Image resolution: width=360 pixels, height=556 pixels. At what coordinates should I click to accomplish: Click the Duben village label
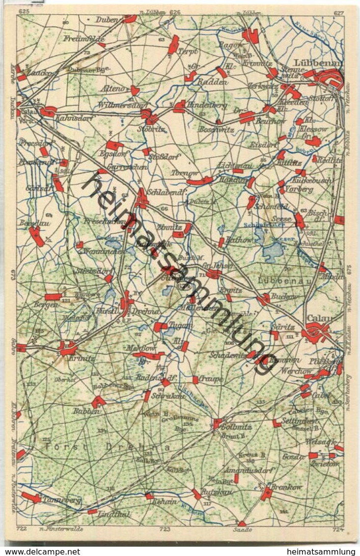pos(109,20)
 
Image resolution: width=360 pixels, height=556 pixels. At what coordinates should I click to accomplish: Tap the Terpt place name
pos(188,52)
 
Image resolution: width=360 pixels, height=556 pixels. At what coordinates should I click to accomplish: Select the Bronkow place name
pos(288,487)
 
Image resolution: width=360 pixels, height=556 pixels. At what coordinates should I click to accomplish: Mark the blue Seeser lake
pos(273,252)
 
